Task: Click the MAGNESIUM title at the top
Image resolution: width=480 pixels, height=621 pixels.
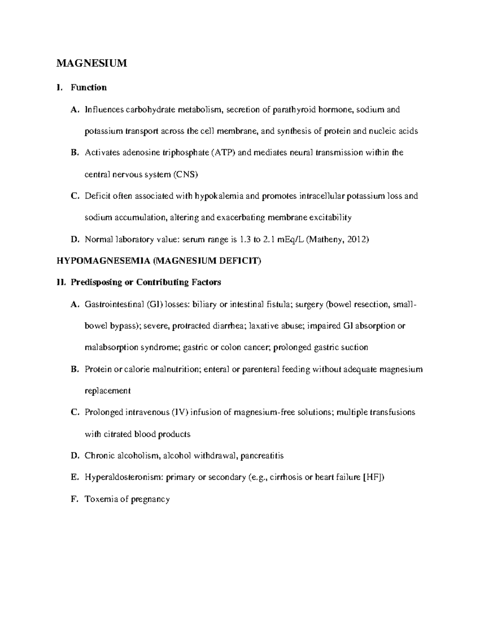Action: click(92, 63)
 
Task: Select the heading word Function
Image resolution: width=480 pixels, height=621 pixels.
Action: click(88, 88)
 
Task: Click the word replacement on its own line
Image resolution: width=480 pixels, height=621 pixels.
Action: click(108, 391)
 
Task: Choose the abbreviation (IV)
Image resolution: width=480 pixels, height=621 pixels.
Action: click(180, 412)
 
